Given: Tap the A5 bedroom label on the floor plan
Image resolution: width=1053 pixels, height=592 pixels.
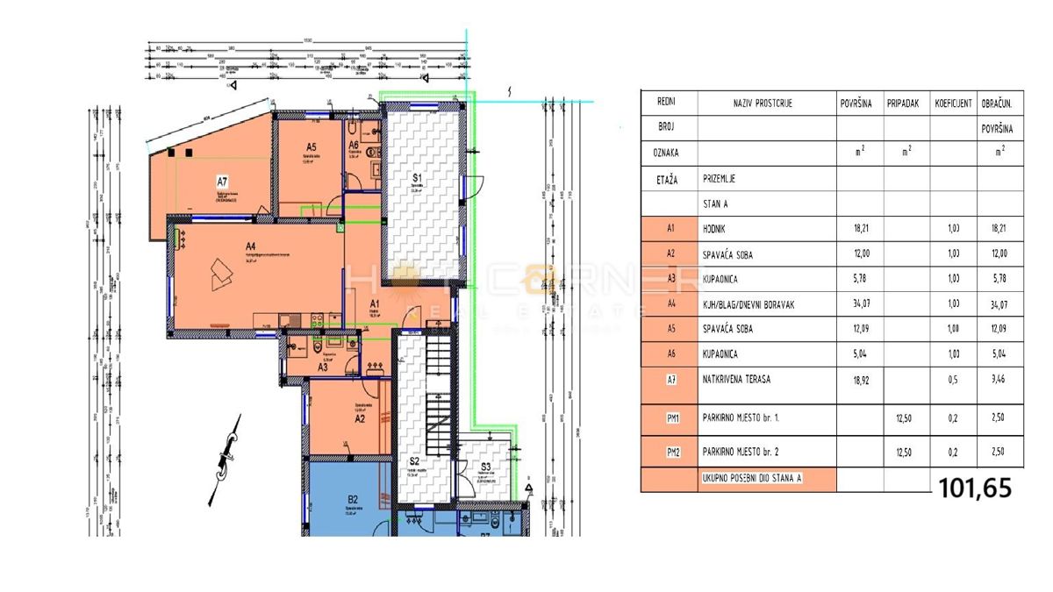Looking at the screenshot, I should click(311, 147).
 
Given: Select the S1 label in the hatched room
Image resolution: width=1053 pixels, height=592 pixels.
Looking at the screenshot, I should click(418, 177).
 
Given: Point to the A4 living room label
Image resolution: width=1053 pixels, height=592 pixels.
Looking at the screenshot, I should click(250, 246).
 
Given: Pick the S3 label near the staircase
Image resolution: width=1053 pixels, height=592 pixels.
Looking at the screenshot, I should click(485, 467).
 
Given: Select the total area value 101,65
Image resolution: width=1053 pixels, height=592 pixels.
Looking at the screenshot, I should click(975, 488).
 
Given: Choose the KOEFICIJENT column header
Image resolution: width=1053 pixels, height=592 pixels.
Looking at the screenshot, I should click(953, 103).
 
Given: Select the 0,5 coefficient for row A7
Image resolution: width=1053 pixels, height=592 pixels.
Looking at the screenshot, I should click(953, 380).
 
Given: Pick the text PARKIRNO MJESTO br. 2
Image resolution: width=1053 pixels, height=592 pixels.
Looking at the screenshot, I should click(753, 453).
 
